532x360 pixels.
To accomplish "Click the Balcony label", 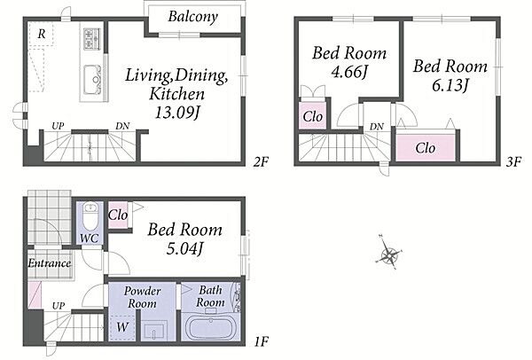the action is coord(192,17).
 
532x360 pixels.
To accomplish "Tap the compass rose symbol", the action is coord(389,253).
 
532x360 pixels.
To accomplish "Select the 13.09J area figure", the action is coord(176,113).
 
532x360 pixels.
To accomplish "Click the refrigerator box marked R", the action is coord(41,34).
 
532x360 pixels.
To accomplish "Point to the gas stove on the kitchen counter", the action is coord(92,39).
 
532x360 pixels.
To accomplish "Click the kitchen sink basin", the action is coord(92,80).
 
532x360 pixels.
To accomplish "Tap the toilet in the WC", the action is coord(90,217).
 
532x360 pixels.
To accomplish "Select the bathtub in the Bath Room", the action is coord(210,328).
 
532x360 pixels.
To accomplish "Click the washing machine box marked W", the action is coord(122,327).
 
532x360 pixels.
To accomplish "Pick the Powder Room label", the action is coord(142,297).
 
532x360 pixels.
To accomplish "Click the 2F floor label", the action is coord(261,162).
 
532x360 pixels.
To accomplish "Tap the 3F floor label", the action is coord(513,162).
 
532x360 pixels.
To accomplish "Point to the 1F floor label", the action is coord(261,341).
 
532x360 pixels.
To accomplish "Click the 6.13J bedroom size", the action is coord(450,85).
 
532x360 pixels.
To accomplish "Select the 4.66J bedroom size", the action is coord(349,72).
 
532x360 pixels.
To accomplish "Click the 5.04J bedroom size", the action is coord(185,249).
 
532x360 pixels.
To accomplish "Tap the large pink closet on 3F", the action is coord(426,148).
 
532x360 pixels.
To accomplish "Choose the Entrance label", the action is coord(50,263).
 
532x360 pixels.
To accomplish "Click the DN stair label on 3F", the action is coord(377,127).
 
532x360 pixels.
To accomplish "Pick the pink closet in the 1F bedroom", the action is coord(118,215).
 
